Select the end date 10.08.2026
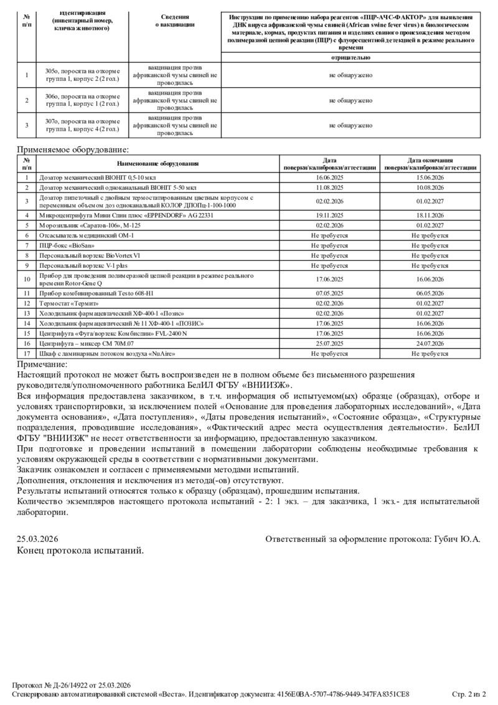pyautogui.click(x=430, y=186)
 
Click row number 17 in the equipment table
pyautogui.click(x=27, y=353)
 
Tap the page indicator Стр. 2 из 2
pyautogui.click(x=469, y=694)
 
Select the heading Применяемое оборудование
pyautogui.click(x=73, y=149)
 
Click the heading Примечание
pyautogui.click(x=42, y=364)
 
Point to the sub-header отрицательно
pyautogui.click(x=350, y=57)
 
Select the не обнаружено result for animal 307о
pyautogui.click(x=350, y=125)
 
